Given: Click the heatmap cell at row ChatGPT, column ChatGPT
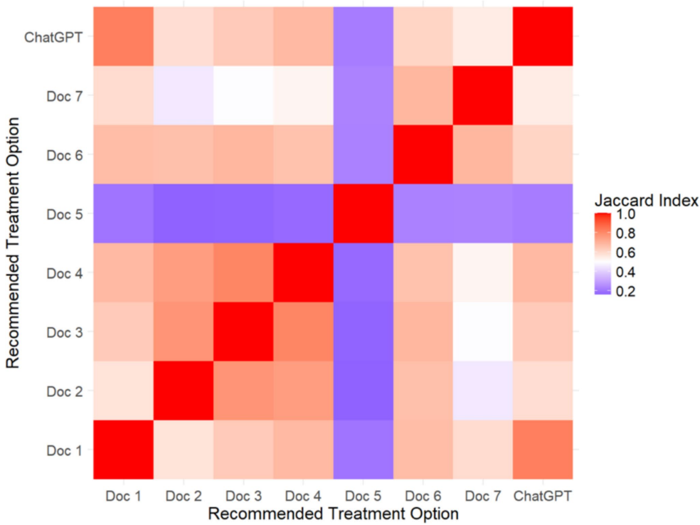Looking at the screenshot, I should pyautogui.click(x=543, y=36).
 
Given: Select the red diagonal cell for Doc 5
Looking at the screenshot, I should pyautogui.click(x=364, y=213).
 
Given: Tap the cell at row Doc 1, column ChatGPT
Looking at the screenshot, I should pyautogui.click(x=543, y=450).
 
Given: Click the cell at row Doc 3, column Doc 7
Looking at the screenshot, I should pyautogui.click(x=484, y=332).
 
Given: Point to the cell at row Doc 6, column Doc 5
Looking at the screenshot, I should pyautogui.click(x=364, y=154).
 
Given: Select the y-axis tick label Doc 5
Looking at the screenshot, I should pyautogui.click(x=66, y=214).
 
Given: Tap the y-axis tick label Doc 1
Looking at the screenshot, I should pyautogui.click(x=66, y=450).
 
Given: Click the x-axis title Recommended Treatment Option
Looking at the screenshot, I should pyautogui.click(x=333, y=512).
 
